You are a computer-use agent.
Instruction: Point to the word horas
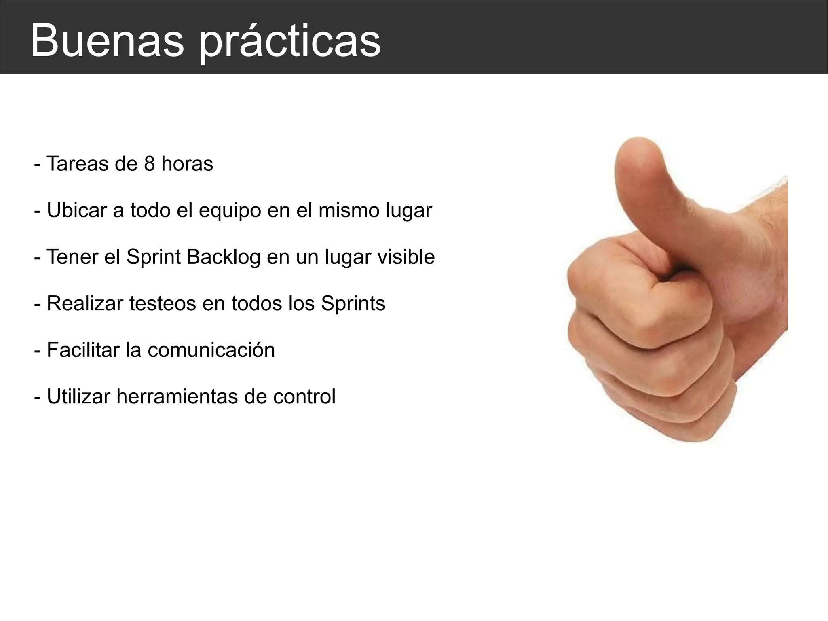(187, 164)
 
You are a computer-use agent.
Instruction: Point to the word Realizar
(85, 303)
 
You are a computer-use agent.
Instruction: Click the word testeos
(163, 303)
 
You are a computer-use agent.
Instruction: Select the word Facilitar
(83, 350)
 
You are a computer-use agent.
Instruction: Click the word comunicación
(211, 350)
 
